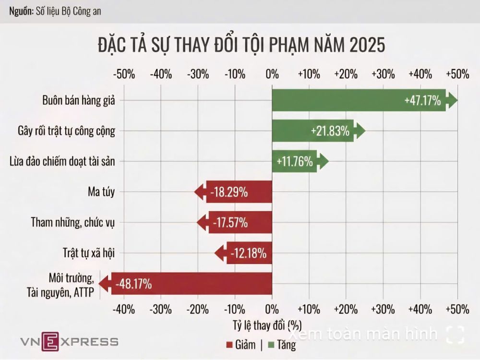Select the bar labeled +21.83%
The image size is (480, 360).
click(x=314, y=131)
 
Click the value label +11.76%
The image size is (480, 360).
click(x=295, y=162)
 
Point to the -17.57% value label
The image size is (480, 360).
click(x=228, y=223)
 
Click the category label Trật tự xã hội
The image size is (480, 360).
click(x=90, y=253)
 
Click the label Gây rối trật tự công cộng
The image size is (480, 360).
click(x=67, y=131)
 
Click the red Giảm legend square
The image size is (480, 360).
click(x=228, y=345)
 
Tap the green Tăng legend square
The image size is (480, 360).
click(x=270, y=345)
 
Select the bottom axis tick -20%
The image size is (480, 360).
click(x=198, y=309)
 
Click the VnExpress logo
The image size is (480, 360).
click(x=69, y=342)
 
